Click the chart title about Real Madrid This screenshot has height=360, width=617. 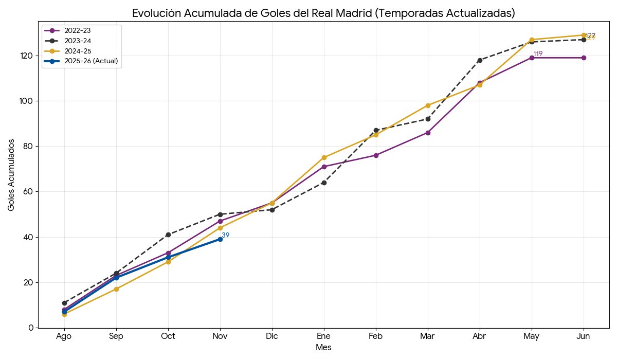pos(323,13)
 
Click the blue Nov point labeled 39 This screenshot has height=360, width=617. pos(220,239)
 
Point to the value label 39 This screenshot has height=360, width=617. pos(225,235)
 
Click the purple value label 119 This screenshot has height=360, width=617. pos(538,54)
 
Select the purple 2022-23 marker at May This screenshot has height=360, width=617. pos(532,58)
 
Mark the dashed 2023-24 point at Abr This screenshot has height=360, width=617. pos(480,60)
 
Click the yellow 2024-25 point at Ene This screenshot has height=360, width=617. pos(324,157)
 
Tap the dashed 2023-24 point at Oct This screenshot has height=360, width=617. pos(168,235)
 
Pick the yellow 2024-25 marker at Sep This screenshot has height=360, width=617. pos(116,289)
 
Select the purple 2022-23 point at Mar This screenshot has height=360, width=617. pos(428,133)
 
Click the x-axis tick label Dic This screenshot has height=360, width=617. pos(272,336)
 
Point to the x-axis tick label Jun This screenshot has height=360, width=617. pos(584,336)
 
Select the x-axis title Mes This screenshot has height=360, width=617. pos(323,348)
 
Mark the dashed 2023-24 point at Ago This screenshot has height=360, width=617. pos(64,303)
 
